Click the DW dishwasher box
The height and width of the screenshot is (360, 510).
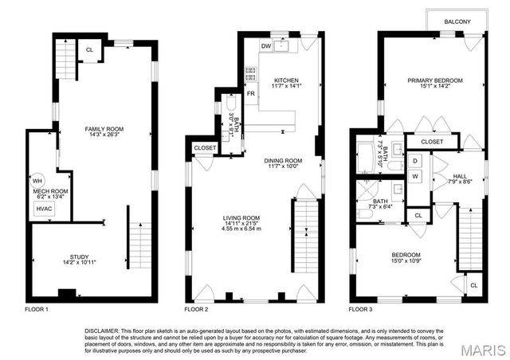[265, 45]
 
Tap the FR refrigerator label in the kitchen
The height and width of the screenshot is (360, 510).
[250, 94]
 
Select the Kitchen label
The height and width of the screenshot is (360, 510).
[285, 80]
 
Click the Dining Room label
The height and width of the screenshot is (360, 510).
[282, 160]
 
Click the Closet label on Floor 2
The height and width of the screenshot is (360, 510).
[204, 147]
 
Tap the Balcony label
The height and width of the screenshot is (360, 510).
[457, 22]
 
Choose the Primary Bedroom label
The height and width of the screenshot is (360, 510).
[435, 80]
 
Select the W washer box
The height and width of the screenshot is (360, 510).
[414, 176]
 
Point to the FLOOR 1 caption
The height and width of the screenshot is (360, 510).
[37, 308]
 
